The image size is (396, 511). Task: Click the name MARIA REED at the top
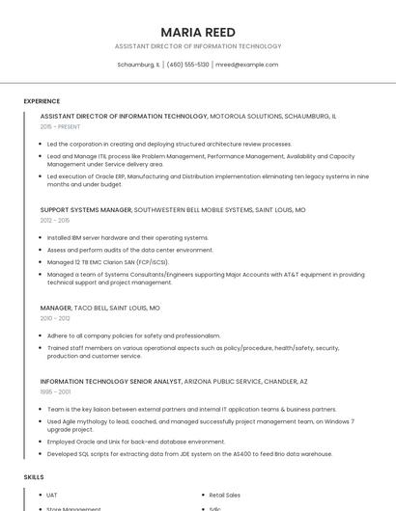click(x=198, y=32)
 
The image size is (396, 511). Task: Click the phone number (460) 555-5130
click(x=187, y=65)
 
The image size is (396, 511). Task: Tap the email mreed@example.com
click(x=246, y=65)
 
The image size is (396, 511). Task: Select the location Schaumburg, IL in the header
click(x=138, y=65)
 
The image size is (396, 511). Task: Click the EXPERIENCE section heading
click(x=42, y=101)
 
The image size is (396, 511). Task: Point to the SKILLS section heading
click(x=34, y=477)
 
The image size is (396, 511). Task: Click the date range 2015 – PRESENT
click(x=60, y=126)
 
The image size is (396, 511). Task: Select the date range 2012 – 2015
click(x=55, y=221)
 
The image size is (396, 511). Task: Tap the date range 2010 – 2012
click(x=55, y=318)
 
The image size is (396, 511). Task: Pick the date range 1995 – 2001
click(x=55, y=391)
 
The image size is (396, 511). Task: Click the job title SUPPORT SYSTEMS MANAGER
click(x=86, y=209)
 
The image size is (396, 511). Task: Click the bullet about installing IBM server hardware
click(x=127, y=237)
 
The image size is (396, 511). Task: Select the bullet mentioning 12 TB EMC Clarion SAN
click(x=107, y=261)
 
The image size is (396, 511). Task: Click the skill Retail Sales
click(x=224, y=495)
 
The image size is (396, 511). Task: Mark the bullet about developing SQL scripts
click(x=190, y=454)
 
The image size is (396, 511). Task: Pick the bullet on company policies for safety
click(x=133, y=336)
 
